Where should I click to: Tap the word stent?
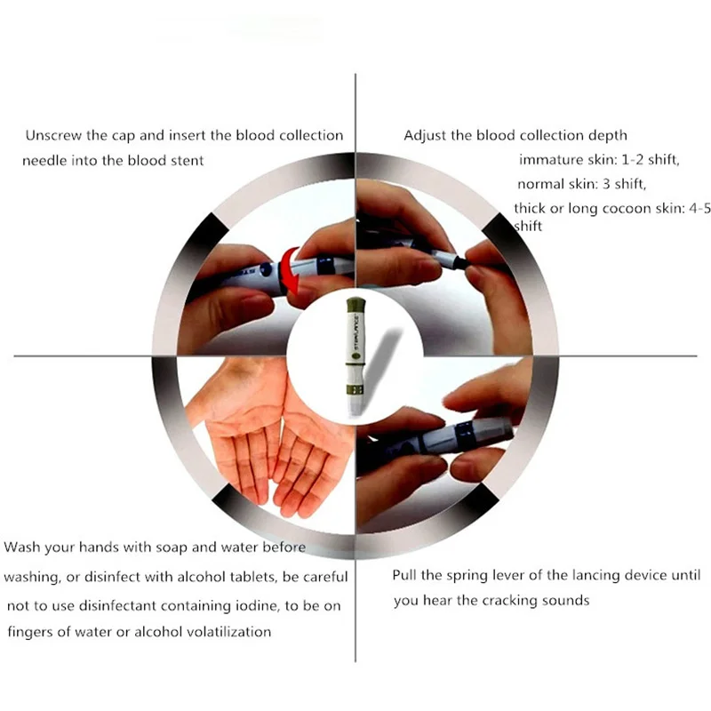[x=187, y=161]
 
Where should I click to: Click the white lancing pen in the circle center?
[x=354, y=355]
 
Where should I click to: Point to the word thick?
[x=531, y=209]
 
